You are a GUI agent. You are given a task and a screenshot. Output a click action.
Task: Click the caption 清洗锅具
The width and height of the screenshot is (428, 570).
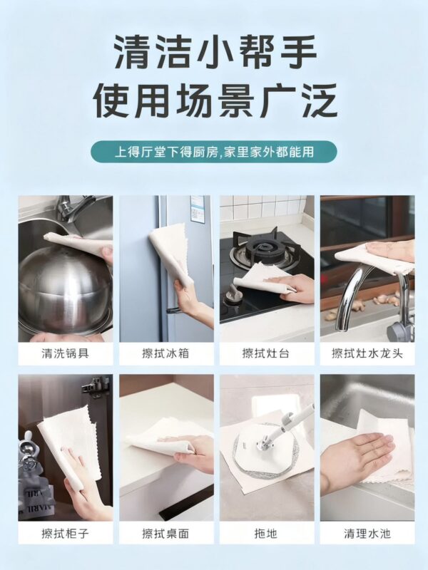point(66,353)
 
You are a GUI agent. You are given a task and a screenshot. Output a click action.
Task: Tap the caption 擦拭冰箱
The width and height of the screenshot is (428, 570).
point(166,353)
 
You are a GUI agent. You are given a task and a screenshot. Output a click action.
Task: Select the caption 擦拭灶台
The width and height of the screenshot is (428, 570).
point(266,353)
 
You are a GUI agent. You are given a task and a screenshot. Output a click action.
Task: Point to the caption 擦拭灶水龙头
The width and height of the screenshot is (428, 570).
point(367,353)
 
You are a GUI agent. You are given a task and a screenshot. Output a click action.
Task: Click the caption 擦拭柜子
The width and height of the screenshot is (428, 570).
point(66,533)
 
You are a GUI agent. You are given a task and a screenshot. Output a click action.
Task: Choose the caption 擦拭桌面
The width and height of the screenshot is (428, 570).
point(166,533)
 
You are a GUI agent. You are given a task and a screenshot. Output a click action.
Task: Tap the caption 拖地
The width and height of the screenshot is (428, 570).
point(266,533)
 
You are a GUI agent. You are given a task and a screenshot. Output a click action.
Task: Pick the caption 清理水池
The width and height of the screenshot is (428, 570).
point(367,533)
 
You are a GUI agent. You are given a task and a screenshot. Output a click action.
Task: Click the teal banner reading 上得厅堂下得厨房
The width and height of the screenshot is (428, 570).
point(214,152)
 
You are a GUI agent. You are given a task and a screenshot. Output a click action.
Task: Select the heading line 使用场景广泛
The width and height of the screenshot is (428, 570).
point(215,100)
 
